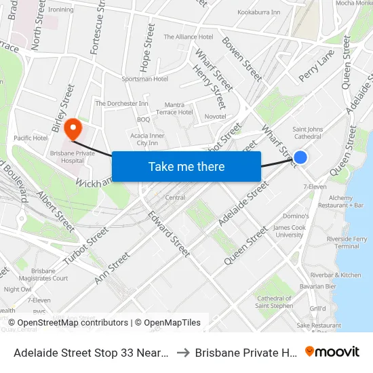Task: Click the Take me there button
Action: pos(186,166)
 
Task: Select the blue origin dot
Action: pos(300,157)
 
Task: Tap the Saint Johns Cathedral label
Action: pos(307,132)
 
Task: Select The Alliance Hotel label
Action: pos(189,37)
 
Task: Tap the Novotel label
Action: pos(215,117)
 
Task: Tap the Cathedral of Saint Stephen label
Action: pos(274,302)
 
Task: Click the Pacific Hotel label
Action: pos(30,138)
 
